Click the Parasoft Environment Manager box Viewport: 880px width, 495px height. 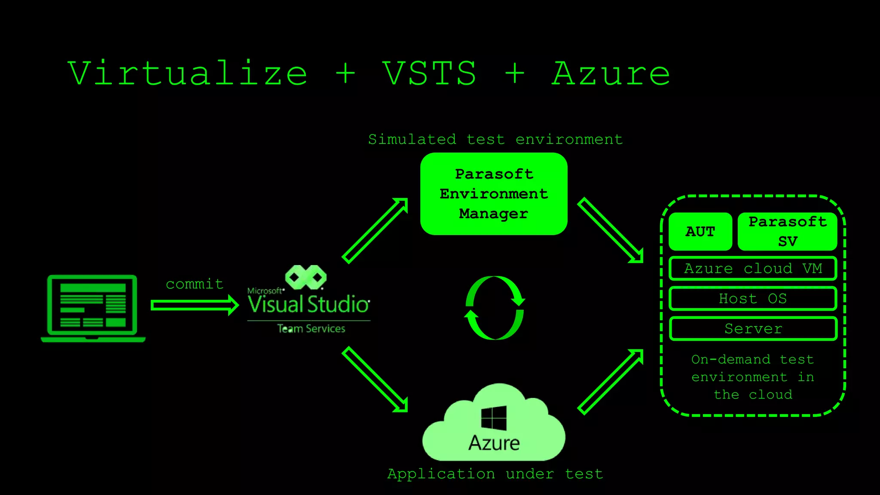click(494, 194)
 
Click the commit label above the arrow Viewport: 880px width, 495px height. click(195, 284)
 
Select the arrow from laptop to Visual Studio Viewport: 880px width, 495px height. click(194, 305)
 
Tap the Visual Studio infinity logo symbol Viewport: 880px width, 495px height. click(306, 277)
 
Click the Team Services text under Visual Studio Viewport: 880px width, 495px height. click(311, 329)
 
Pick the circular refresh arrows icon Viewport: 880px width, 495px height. click(495, 308)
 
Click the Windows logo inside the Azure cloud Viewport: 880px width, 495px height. click(494, 418)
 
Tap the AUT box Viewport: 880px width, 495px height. click(700, 232)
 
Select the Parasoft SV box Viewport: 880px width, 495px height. click(787, 232)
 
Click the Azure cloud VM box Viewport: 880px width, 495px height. click(753, 269)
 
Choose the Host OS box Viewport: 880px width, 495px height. click(753, 299)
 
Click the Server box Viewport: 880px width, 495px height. click(753, 329)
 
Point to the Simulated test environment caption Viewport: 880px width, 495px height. click(495, 139)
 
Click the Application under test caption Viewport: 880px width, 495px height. click(495, 474)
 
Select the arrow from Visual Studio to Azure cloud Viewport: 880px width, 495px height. click(375, 379)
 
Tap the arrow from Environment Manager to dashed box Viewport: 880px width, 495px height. click(610, 230)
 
